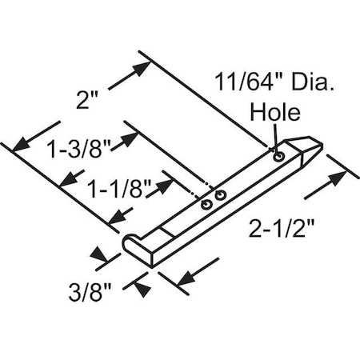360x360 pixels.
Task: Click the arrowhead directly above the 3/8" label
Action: coord(100,257)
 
